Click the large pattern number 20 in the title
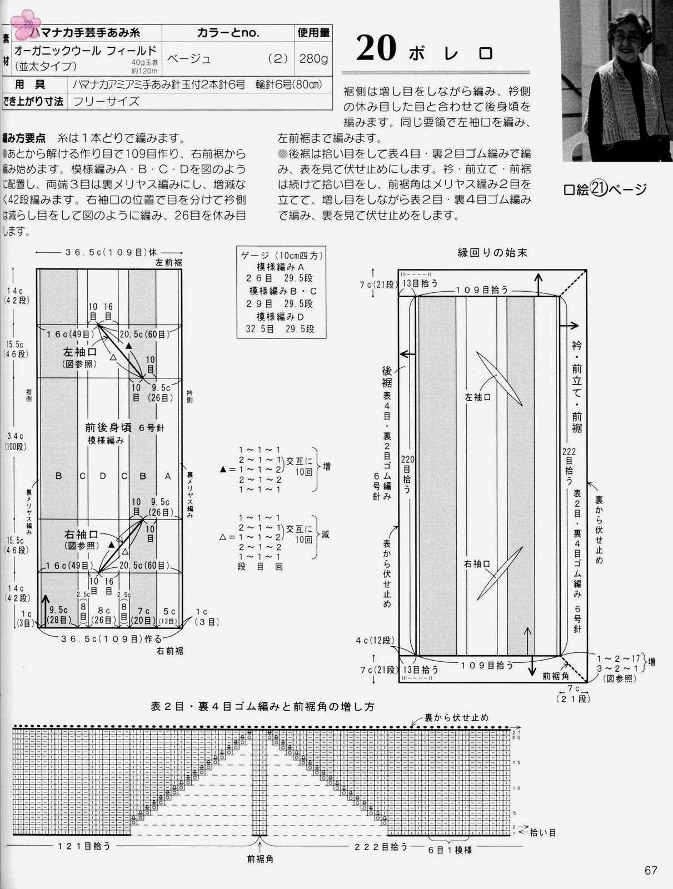(376, 49)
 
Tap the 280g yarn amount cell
(313, 58)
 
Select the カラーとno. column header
(228, 33)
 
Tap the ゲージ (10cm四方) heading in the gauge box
(281, 256)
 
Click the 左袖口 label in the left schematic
(79, 352)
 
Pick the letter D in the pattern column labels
(103, 476)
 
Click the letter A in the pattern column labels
(168, 476)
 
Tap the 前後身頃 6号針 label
(124, 427)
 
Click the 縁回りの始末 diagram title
(492, 253)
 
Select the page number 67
(651, 870)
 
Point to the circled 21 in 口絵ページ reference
(598, 189)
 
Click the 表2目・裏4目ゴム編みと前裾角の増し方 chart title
(262, 707)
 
